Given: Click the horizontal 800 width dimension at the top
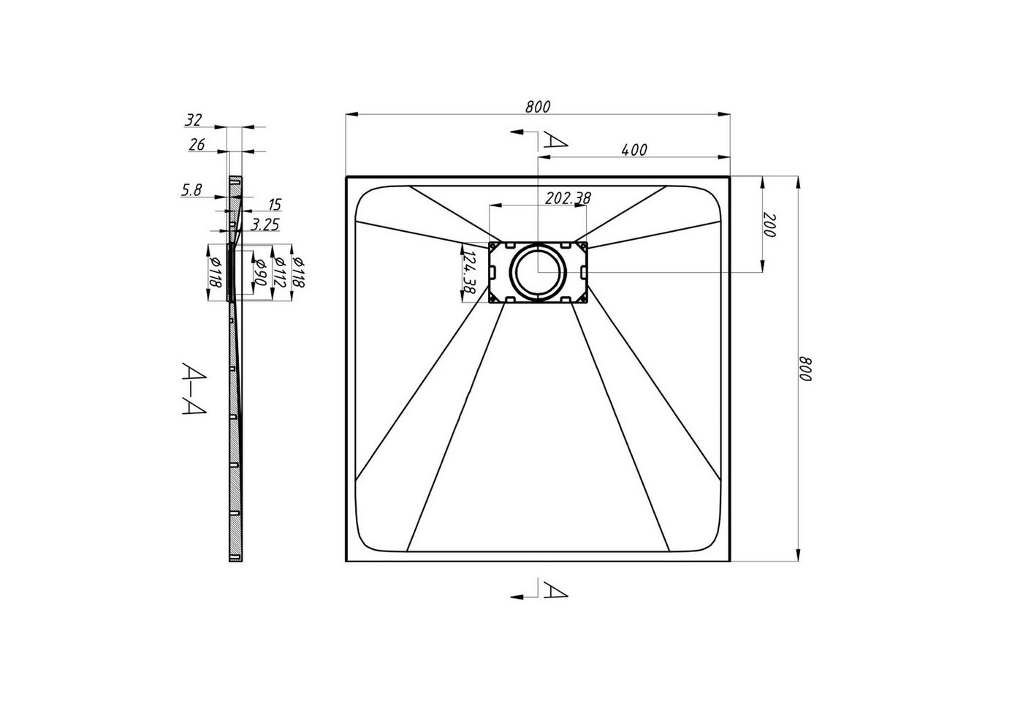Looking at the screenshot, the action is [538, 107].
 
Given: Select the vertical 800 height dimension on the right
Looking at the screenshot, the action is [805, 369].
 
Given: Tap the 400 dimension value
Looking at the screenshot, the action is [634, 149].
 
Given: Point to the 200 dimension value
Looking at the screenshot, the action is [769, 225].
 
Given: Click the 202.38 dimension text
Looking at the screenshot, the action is [568, 198].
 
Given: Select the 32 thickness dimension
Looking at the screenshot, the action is [193, 120].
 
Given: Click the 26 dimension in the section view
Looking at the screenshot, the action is [197, 145].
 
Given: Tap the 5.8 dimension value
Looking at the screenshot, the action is [191, 189].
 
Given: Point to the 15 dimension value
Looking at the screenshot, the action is [275, 204].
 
